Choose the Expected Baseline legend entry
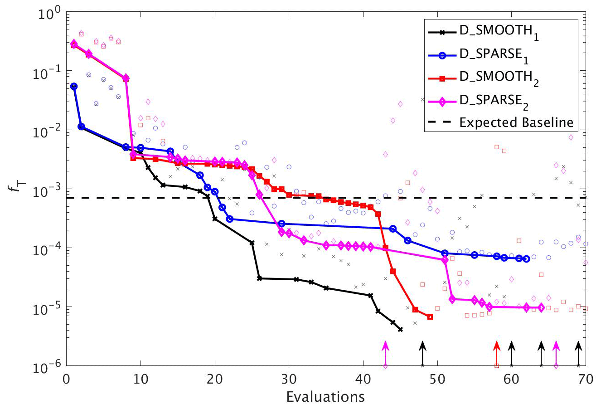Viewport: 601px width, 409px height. (x=516, y=123)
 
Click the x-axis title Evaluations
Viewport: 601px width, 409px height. (x=325, y=397)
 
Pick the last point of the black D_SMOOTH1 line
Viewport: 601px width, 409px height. (x=400, y=329)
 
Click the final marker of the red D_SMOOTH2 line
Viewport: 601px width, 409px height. (x=430, y=317)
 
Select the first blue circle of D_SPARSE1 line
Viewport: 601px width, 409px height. (x=74, y=86)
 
